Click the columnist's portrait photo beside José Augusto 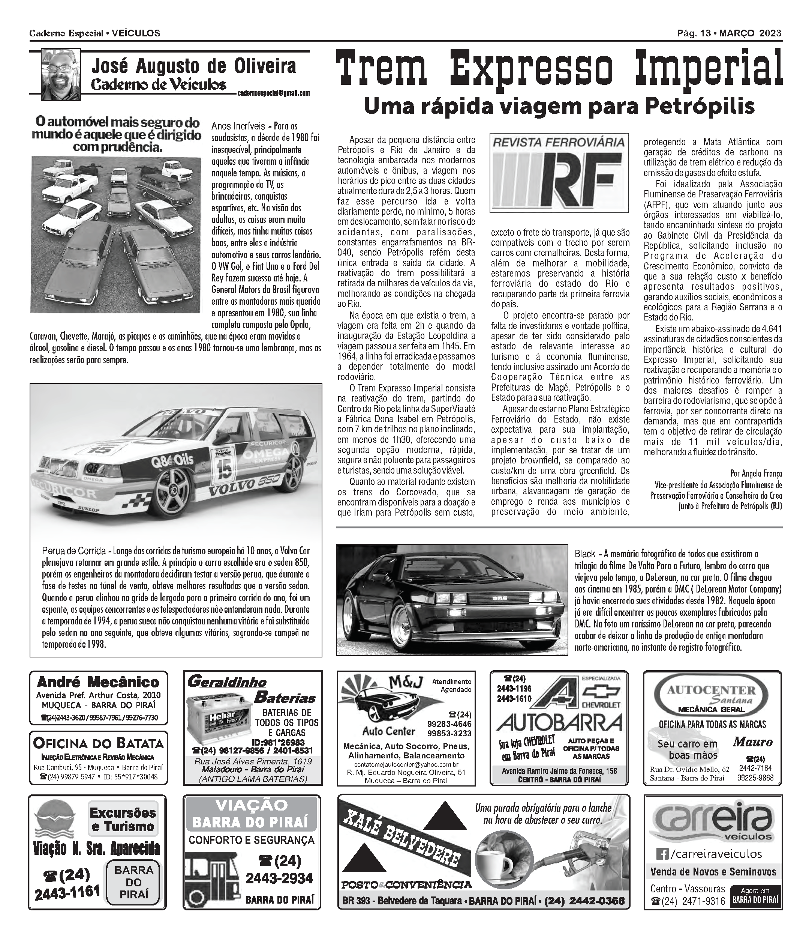click(61, 74)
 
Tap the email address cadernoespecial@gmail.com click(273, 93)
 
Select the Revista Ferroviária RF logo click(559, 173)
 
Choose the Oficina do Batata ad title click(98, 743)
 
